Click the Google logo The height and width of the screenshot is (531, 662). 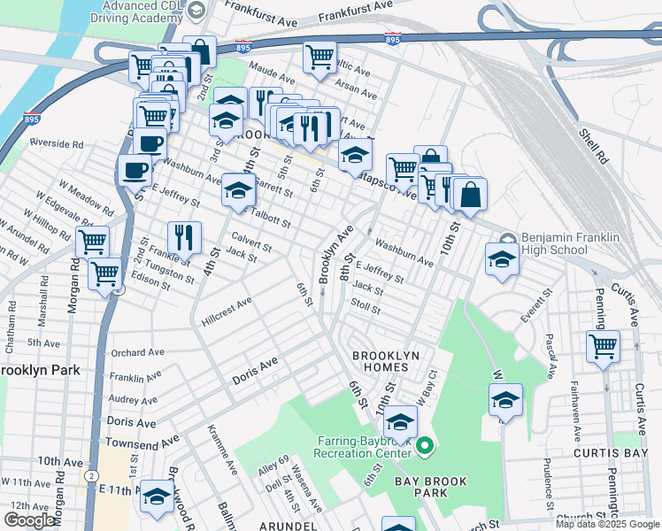click(x=29, y=520)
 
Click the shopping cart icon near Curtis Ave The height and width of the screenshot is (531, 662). click(x=603, y=346)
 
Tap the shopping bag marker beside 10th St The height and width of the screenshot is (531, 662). click(x=471, y=194)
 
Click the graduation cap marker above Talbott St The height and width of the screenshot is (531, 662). click(x=238, y=189)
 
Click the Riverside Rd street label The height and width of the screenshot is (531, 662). click(x=56, y=142)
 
